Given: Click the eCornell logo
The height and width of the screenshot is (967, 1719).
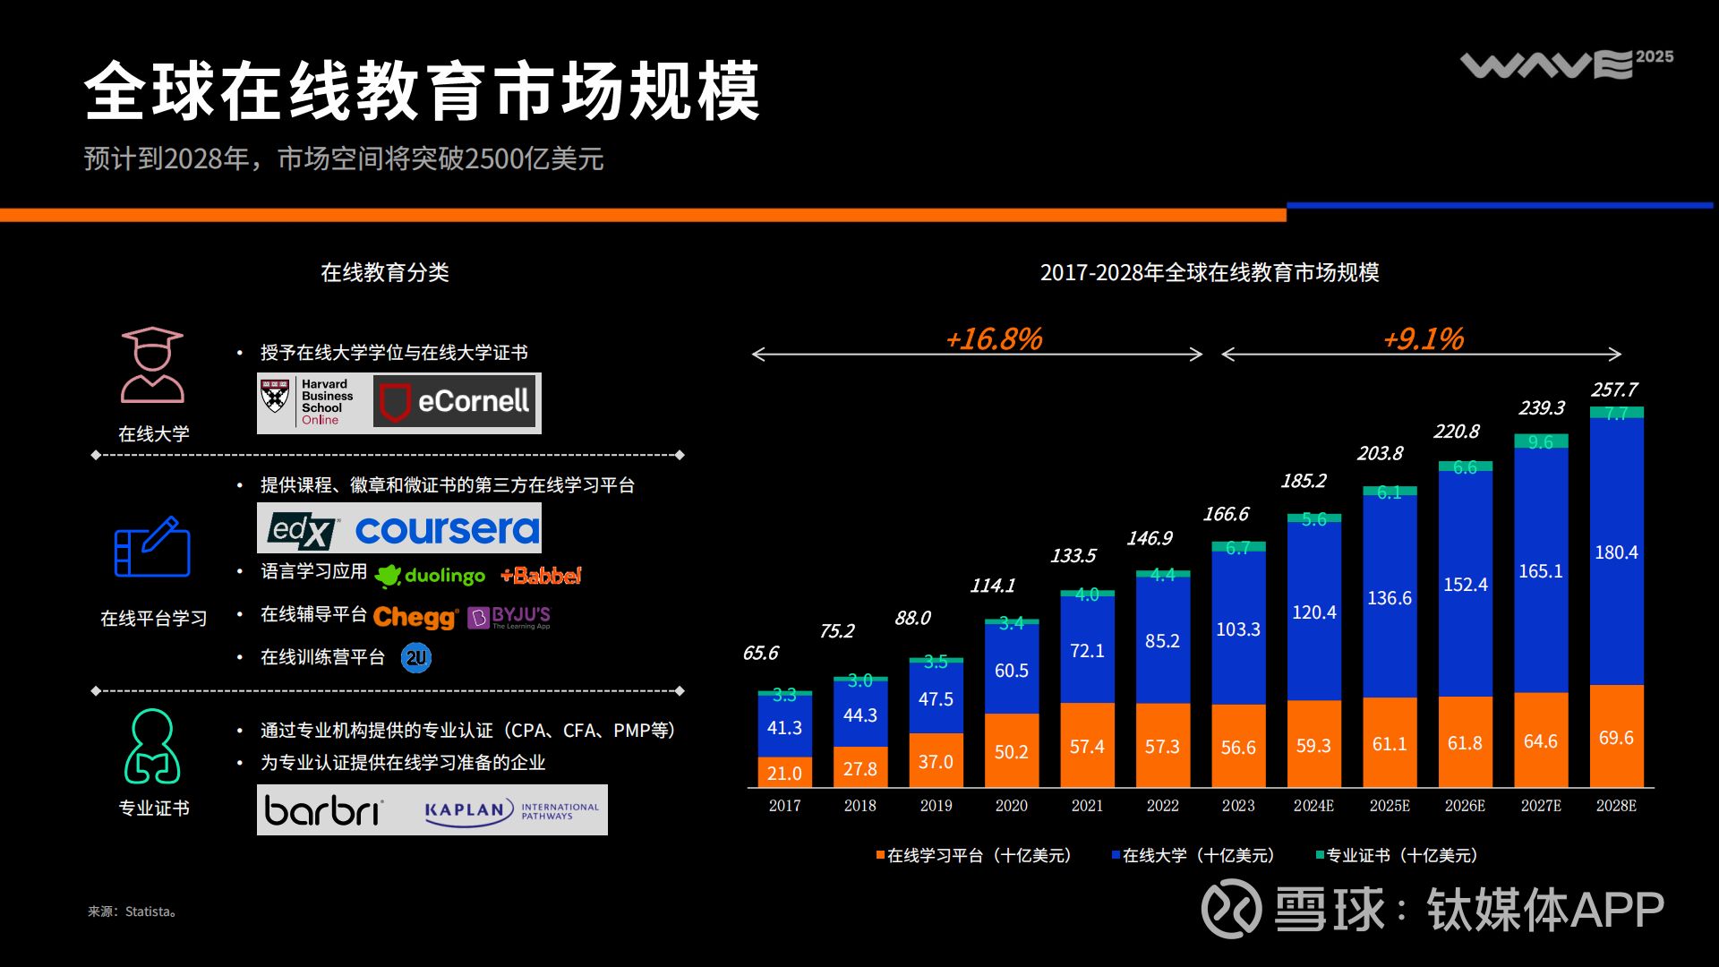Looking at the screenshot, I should (456, 402).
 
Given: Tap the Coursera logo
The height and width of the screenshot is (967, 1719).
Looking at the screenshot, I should (447, 530).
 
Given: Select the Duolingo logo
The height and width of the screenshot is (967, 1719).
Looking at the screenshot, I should (431, 576).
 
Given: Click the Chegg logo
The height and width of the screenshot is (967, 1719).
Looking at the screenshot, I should (415, 617).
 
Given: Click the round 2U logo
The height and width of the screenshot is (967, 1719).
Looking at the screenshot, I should (416, 658).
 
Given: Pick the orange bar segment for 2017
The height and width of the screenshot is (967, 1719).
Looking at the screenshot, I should (784, 772).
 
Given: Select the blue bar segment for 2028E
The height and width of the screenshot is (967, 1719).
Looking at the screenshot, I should (1616, 552).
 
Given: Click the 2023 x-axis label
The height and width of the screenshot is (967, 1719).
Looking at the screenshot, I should (1238, 806).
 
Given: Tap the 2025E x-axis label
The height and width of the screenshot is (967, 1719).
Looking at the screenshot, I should (1390, 806).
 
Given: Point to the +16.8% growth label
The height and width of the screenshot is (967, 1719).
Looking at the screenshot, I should (994, 339).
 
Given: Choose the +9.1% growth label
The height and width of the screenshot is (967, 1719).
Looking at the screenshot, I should (1424, 339).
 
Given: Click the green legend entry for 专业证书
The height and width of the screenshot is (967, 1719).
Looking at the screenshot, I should (1397, 856).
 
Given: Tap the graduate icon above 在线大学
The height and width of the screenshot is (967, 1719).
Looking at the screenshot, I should (152, 365).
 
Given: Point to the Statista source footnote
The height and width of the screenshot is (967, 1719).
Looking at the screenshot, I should (132, 911).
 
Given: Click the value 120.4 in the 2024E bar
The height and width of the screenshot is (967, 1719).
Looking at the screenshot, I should (1313, 612).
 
